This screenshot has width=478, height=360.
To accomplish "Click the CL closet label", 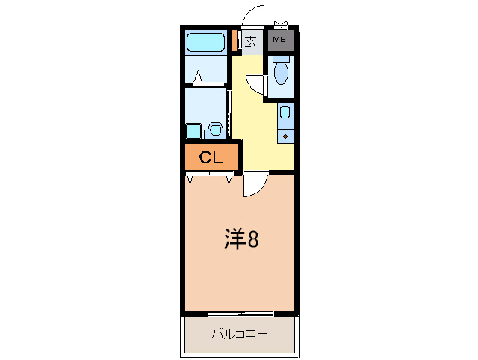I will pyautogui.click(x=211, y=158).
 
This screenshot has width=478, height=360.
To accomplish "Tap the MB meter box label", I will pyautogui.click(x=279, y=40).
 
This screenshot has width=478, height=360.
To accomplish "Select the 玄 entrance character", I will pyautogui.click(x=251, y=41).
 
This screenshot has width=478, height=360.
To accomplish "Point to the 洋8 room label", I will pyautogui.click(x=241, y=239).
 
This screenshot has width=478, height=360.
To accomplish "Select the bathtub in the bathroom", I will pyautogui.click(x=206, y=42).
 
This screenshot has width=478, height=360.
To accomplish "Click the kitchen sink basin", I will pyautogui.click(x=285, y=113).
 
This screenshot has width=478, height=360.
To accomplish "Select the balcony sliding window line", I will pyautogui.click(x=240, y=313).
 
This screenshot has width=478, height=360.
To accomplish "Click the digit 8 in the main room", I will pyautogui.click(x=253, y=240).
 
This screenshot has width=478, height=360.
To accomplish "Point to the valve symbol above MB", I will pyautogui.click(x=282, y=25).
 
